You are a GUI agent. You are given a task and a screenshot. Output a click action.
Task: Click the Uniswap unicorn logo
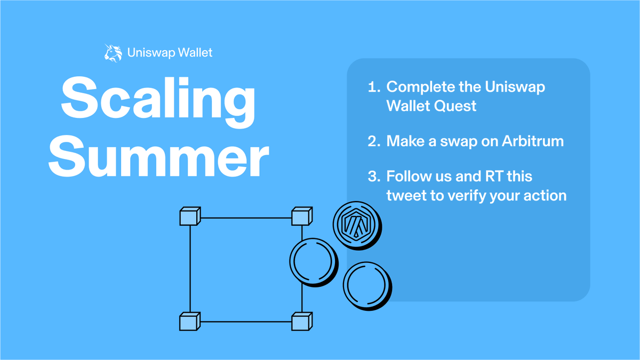click(x=113, y=53)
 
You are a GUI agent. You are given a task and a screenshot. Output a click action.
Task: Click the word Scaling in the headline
click(x=158, y=99)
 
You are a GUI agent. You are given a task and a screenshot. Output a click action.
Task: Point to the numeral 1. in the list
click(x=374, y=87)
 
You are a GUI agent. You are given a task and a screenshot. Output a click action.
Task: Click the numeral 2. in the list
click(x=374, y=141)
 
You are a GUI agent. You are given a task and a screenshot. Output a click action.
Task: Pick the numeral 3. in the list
click(x=374, y=177)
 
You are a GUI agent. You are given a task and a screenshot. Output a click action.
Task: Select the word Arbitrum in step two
click(x=533, y=141)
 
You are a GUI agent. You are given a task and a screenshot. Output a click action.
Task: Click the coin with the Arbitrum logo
click(x=357, y=225)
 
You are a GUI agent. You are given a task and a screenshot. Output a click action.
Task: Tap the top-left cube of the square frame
click(x=190, y=217)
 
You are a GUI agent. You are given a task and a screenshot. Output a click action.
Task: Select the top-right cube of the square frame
click(x=302, y=217)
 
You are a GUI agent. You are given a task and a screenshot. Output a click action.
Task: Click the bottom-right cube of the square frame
click(x=302, y=322)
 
